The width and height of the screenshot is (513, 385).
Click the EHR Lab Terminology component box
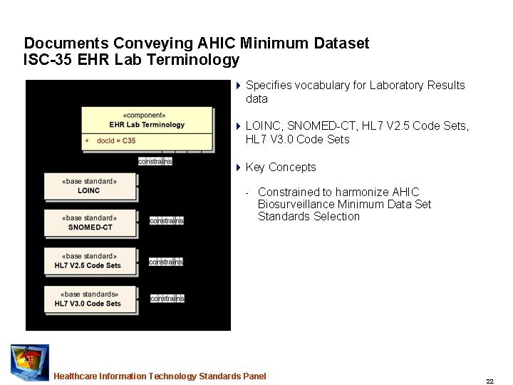(147, 128)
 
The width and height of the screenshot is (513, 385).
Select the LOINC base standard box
(90, 186)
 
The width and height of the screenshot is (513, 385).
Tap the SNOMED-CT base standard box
(90, 222)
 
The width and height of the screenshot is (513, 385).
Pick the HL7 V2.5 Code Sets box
(90, 261)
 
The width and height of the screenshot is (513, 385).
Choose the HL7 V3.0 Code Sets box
(90, 299)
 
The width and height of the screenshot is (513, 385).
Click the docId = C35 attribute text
(116, 140)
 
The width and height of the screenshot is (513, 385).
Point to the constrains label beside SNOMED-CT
(167, 220)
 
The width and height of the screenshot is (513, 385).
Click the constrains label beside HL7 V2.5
(166, 262)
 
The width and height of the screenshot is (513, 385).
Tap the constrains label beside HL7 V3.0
(167, 299)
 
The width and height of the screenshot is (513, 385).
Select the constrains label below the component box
(155, 161)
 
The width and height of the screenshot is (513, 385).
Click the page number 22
(489, 381)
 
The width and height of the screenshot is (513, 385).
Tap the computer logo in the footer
(29, 362)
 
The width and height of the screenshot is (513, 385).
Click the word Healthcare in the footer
(76, 376)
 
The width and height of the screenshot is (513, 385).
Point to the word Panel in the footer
(254, 376)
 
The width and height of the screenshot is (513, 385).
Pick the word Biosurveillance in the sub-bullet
(294, 205)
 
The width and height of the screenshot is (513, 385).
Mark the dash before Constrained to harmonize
(247, 193)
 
